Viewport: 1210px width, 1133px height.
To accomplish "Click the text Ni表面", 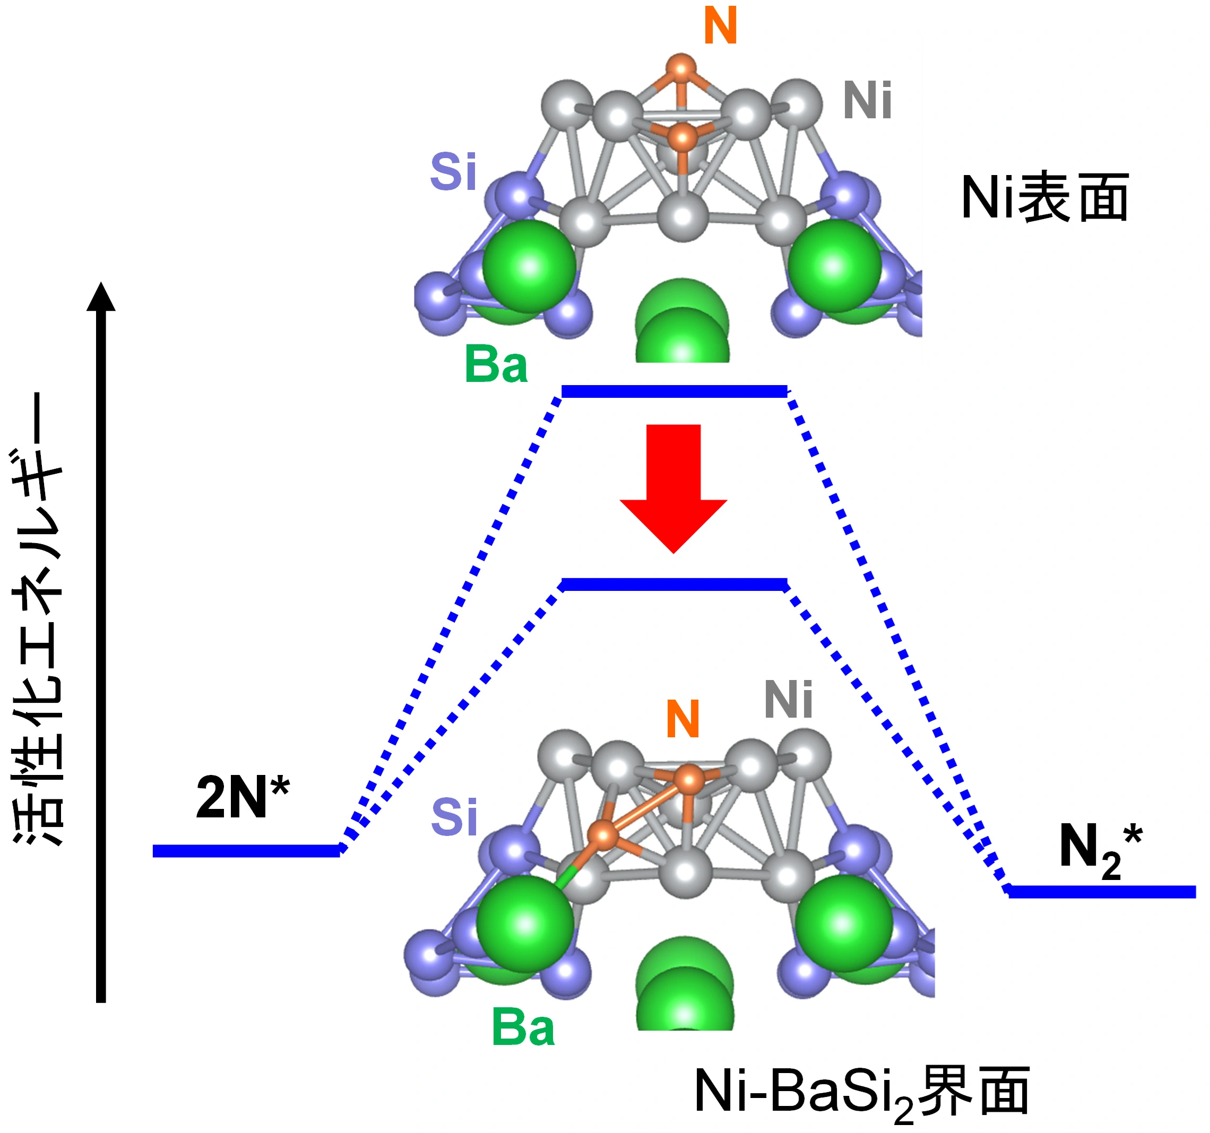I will (1044, 198).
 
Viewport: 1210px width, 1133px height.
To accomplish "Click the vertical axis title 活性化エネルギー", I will (38, 617).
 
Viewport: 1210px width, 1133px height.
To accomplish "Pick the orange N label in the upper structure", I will (720, 26).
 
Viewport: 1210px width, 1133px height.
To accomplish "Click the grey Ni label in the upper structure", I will (867, 101).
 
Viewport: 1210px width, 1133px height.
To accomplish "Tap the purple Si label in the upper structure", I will (453, 172).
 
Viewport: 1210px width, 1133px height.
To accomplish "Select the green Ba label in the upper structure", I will (496, 364).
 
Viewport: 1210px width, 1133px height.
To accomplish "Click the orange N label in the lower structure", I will (682, 719).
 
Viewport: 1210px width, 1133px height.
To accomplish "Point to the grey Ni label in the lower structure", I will (788, 700).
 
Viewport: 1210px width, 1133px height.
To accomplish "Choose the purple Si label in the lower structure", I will (454, 817).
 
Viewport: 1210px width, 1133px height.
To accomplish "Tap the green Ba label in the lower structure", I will (523, 1029).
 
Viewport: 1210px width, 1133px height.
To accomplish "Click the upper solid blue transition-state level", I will (674, 391).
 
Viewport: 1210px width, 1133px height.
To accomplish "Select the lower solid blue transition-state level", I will (674, 585).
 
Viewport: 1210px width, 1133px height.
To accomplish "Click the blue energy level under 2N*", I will (246, 851).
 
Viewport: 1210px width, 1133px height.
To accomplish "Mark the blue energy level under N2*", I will (1102, 892).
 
